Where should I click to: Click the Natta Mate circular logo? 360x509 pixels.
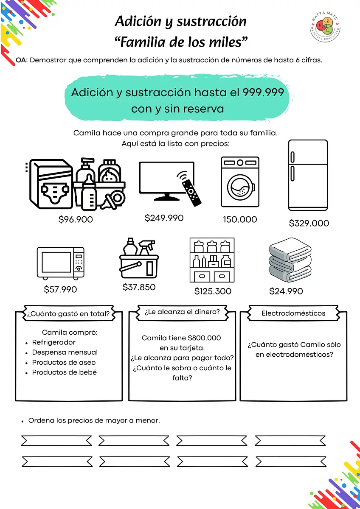(325, 26)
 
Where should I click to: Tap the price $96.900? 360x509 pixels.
(76, 220)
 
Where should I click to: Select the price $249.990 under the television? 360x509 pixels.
(164, 218)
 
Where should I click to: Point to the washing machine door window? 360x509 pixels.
(241, 187)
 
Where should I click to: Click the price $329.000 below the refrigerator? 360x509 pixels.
(309, 223)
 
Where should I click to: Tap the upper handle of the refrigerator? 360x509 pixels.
(292, 157)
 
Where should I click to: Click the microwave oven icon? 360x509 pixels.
(60, 263)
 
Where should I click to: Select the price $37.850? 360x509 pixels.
(139, 287)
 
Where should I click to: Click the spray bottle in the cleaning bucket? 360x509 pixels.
(147, 248)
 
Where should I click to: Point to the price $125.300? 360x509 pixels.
(213, 291)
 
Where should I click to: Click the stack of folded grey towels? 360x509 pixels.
(290, 260)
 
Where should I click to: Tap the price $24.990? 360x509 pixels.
(286, 291)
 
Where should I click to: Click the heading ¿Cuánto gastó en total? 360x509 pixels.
(68, 314)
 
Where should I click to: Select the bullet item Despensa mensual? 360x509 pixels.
(65, 352)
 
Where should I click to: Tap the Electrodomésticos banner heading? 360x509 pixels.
(293, 313)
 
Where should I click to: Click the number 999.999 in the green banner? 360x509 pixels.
(263, 92)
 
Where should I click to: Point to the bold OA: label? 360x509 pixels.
(22, 60)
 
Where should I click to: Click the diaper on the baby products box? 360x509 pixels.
(55, 192)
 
